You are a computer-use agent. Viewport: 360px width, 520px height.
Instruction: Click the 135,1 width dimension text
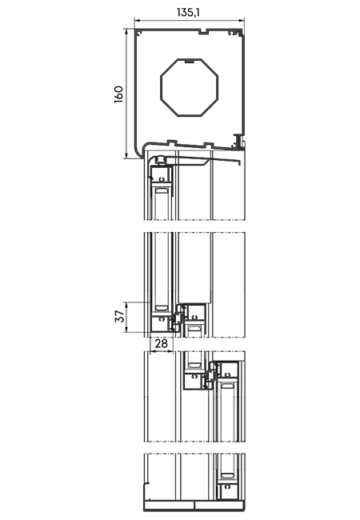pos(188,13)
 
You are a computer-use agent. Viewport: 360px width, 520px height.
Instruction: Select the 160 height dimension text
pos(118,94)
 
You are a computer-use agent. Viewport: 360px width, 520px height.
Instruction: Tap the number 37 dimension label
pos(120,316)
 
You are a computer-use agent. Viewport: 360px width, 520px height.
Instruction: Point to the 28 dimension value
pos(162,343)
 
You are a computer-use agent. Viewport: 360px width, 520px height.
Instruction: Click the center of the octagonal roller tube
pos(190,87)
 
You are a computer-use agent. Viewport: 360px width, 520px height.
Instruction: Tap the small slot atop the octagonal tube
pos(190,61)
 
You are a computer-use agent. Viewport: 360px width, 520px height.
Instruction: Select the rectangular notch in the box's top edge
pos(203,32)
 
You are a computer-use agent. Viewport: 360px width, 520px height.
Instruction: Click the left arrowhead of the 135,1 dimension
pos(137,21)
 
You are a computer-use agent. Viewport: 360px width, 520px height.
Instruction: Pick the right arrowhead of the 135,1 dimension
pos(242,21)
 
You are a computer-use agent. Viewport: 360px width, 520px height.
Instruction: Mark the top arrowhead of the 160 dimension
pos(126,31)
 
